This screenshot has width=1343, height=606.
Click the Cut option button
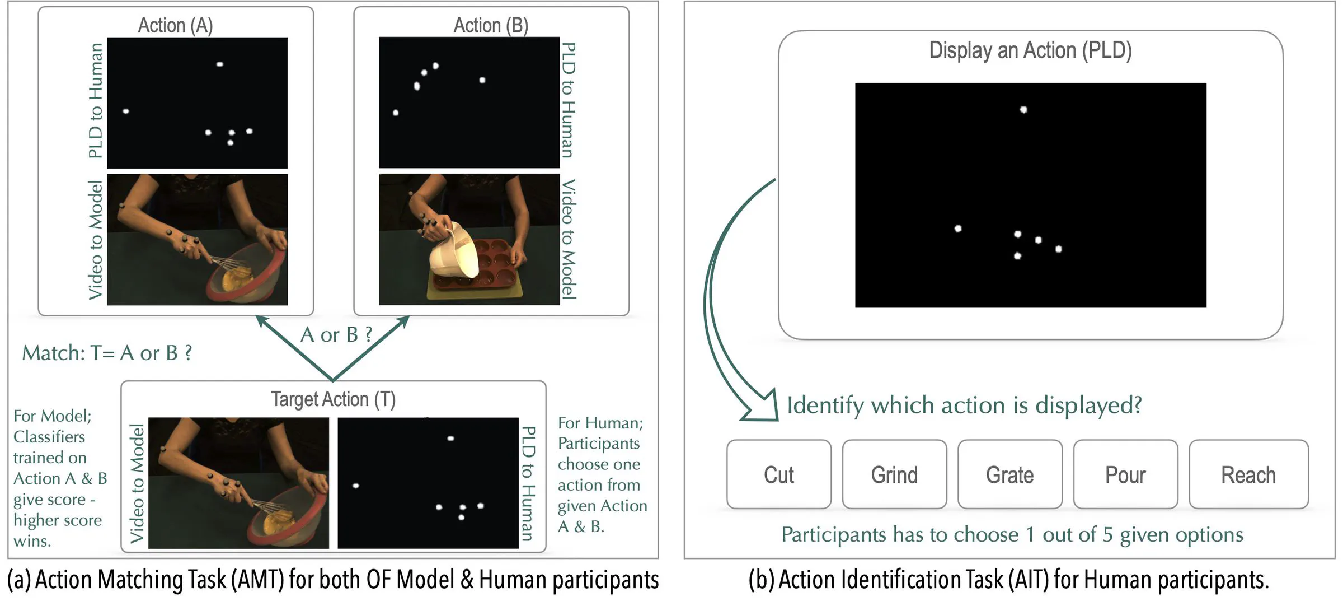778,475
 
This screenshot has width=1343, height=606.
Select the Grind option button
894,475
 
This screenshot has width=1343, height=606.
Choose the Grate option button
1009,475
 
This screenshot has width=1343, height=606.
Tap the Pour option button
1125,475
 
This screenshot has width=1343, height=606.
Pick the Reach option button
1248,475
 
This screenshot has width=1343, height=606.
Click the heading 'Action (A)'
175,25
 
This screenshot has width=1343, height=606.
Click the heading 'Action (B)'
491,25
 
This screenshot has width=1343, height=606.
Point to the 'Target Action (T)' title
333,399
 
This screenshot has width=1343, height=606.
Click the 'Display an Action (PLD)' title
1030,50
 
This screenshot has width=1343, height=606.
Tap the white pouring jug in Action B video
453,252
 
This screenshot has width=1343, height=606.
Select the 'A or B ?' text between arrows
336,335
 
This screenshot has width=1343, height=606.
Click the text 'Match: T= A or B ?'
107,353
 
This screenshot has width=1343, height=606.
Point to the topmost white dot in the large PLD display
1023,110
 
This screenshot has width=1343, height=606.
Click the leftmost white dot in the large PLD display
958,229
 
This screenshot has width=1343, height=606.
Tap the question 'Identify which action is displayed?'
964,405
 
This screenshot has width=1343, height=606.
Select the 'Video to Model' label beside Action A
96,240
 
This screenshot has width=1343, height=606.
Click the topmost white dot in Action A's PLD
220,64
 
